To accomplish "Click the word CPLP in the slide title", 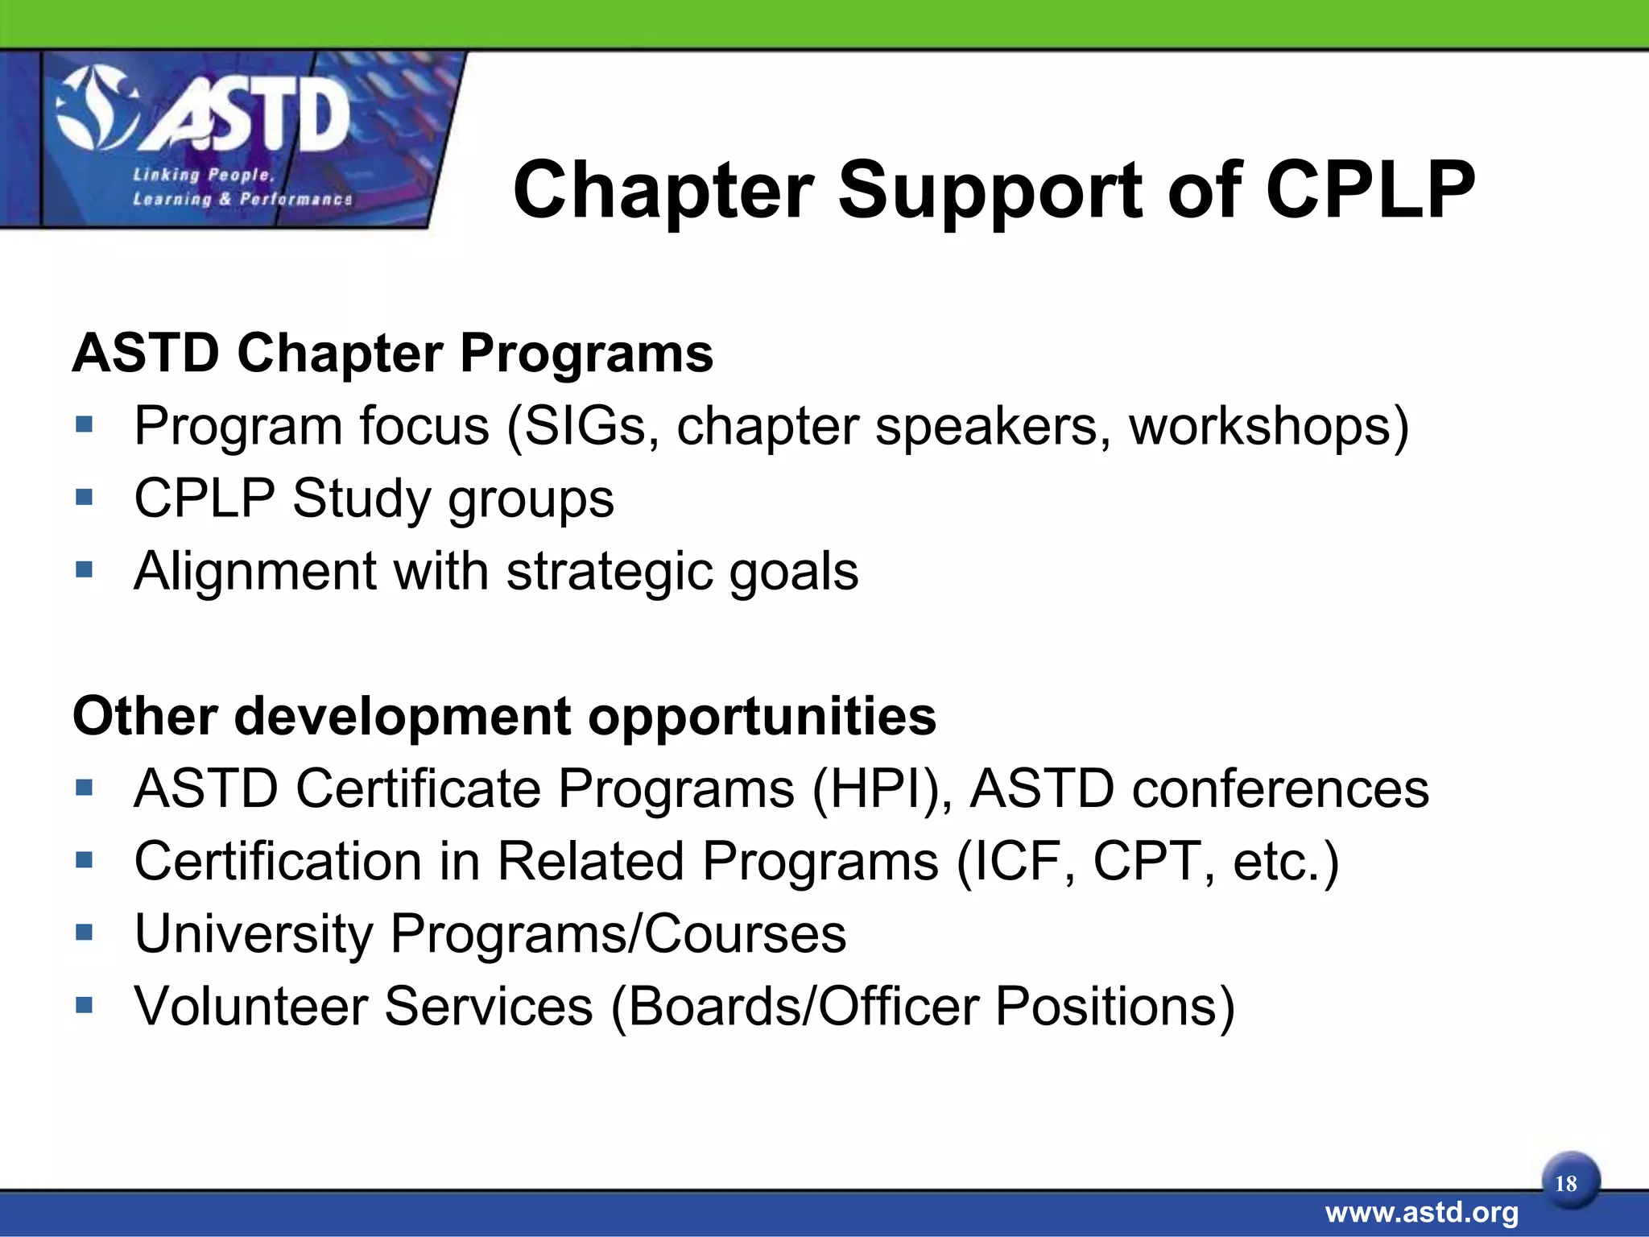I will pyautogui.click(x=1370, y=190).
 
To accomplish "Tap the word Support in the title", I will pyautogui.click(x=990, y=192).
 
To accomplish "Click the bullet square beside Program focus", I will pyautogui.click(x=85, y=424).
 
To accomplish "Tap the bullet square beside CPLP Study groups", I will pyautogui.click(x=85, y=497).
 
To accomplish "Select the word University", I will pyautogui.click(x=254, y=934).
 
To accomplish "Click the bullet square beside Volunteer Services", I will pyautogui.click(x=85, y=1004).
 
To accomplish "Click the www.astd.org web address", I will pyautogui.click(x=1422, y=1212).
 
